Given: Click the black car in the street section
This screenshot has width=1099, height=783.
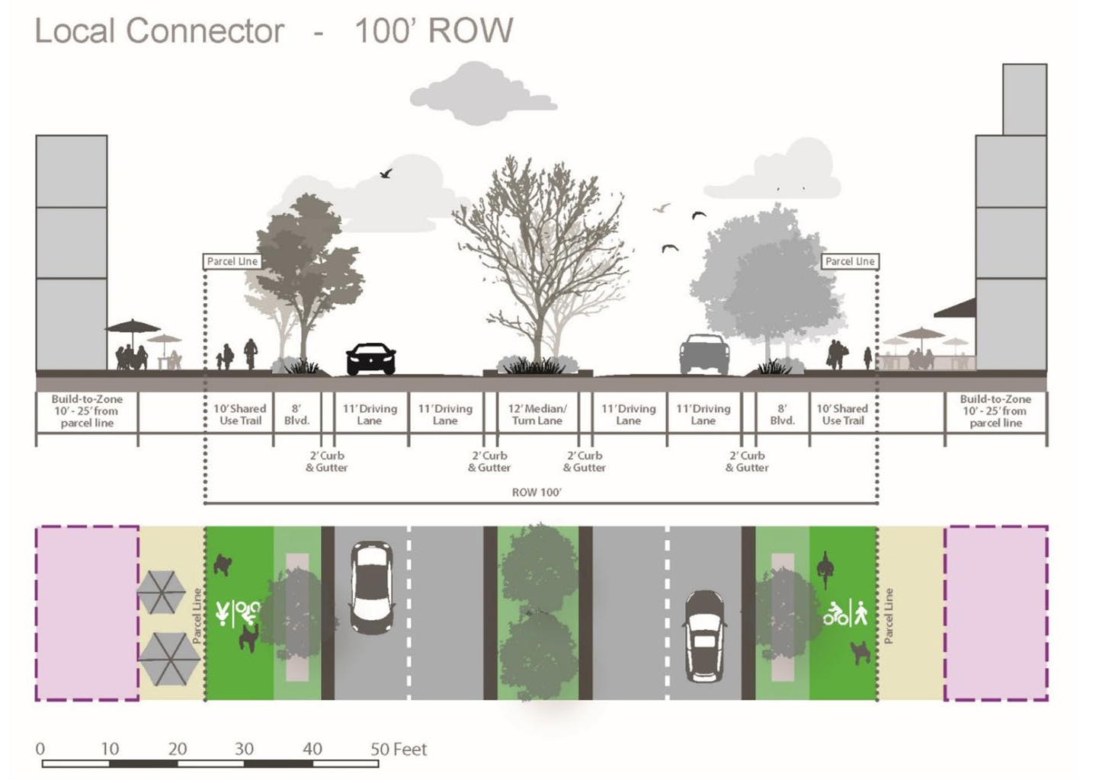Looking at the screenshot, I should point(371,359).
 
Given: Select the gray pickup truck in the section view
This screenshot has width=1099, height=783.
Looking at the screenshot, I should point(704,354).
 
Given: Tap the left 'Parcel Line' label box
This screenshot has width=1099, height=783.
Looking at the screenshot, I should point(232,261).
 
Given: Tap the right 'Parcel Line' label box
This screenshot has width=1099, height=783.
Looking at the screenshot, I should point(850,261).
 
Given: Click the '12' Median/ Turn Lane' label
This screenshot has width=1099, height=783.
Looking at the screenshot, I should point(537,414).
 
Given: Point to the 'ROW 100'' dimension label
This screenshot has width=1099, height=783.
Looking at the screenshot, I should point(537,493).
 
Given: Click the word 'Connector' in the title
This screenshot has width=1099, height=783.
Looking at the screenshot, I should point(205,31).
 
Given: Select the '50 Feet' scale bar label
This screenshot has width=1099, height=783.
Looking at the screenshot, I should point(399,749).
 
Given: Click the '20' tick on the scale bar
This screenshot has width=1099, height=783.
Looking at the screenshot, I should point(178,749).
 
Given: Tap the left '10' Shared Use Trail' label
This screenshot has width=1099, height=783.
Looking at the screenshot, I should point(240,414).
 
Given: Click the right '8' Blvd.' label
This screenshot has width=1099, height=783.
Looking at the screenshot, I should point(782,414).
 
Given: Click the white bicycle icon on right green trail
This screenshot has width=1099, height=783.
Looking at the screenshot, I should point(835,612).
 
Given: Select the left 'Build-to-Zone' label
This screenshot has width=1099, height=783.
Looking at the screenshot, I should point(87,411).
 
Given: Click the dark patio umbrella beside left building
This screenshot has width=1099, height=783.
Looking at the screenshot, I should point(132,328).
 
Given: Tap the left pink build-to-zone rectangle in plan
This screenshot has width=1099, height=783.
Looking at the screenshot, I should point(87,612).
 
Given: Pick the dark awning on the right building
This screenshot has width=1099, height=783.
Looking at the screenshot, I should point(956,308).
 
